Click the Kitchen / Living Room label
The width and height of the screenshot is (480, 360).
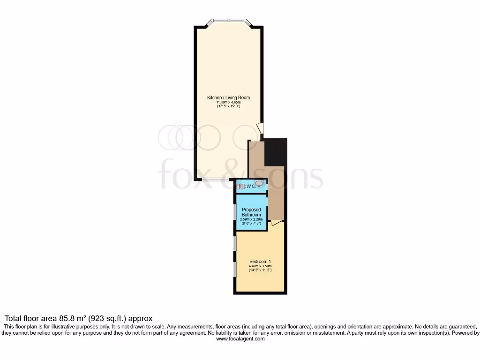(228, 97)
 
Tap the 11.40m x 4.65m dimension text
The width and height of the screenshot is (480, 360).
(228, 102)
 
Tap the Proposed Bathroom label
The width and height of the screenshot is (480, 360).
(251, 212)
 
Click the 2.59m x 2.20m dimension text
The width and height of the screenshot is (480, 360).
(251, 219)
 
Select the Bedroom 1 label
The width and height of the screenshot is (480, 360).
(260, 261)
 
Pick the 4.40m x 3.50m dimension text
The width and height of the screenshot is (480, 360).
(260, 266)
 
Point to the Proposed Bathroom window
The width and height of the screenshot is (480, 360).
(235, 212)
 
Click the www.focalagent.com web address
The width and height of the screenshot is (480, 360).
(240, 339)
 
